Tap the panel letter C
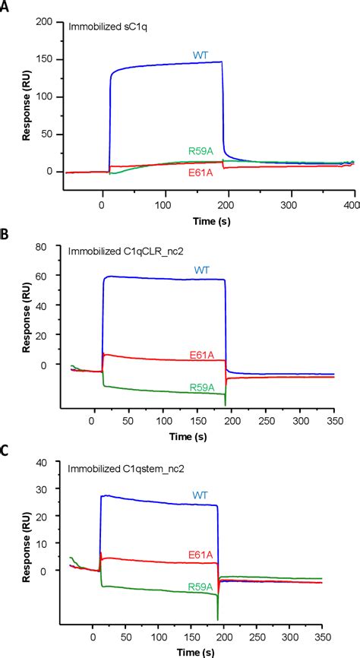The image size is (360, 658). coord(6,450)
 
